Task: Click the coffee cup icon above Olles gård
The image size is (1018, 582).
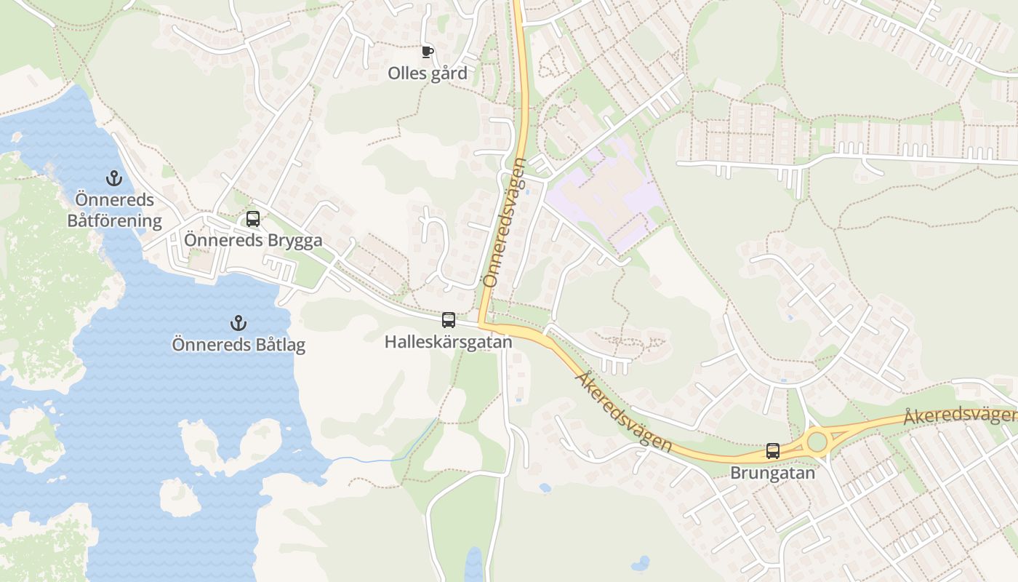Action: coord(428,52)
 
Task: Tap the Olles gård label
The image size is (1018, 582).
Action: coord(428,73)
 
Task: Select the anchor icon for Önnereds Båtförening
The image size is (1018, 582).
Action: coord(113,178)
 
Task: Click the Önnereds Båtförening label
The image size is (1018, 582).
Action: coord(115,210)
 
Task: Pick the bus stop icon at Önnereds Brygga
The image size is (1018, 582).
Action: coord(252,218)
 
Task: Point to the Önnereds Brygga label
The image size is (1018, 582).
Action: coord(253,240)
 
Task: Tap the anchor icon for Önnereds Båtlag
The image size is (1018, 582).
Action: coord(238,322)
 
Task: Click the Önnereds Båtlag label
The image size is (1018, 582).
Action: coord(239,344)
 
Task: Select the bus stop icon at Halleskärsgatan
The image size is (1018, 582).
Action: coord(449,320)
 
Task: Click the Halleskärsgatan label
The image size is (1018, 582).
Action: coord(449,341)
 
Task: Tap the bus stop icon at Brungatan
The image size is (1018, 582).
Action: coord(773,451)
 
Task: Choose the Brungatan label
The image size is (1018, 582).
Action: coord(773,473)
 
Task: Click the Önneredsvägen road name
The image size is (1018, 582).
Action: coord(504,222)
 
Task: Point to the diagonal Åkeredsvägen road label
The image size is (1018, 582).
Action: coord(623,412)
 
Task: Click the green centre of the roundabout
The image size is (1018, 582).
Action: coord(817,442)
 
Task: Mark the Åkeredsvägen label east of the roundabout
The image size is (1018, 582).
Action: coord(960,416)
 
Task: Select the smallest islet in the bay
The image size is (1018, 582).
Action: coord(179,498)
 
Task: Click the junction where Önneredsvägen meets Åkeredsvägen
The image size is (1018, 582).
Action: coord(481,324)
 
